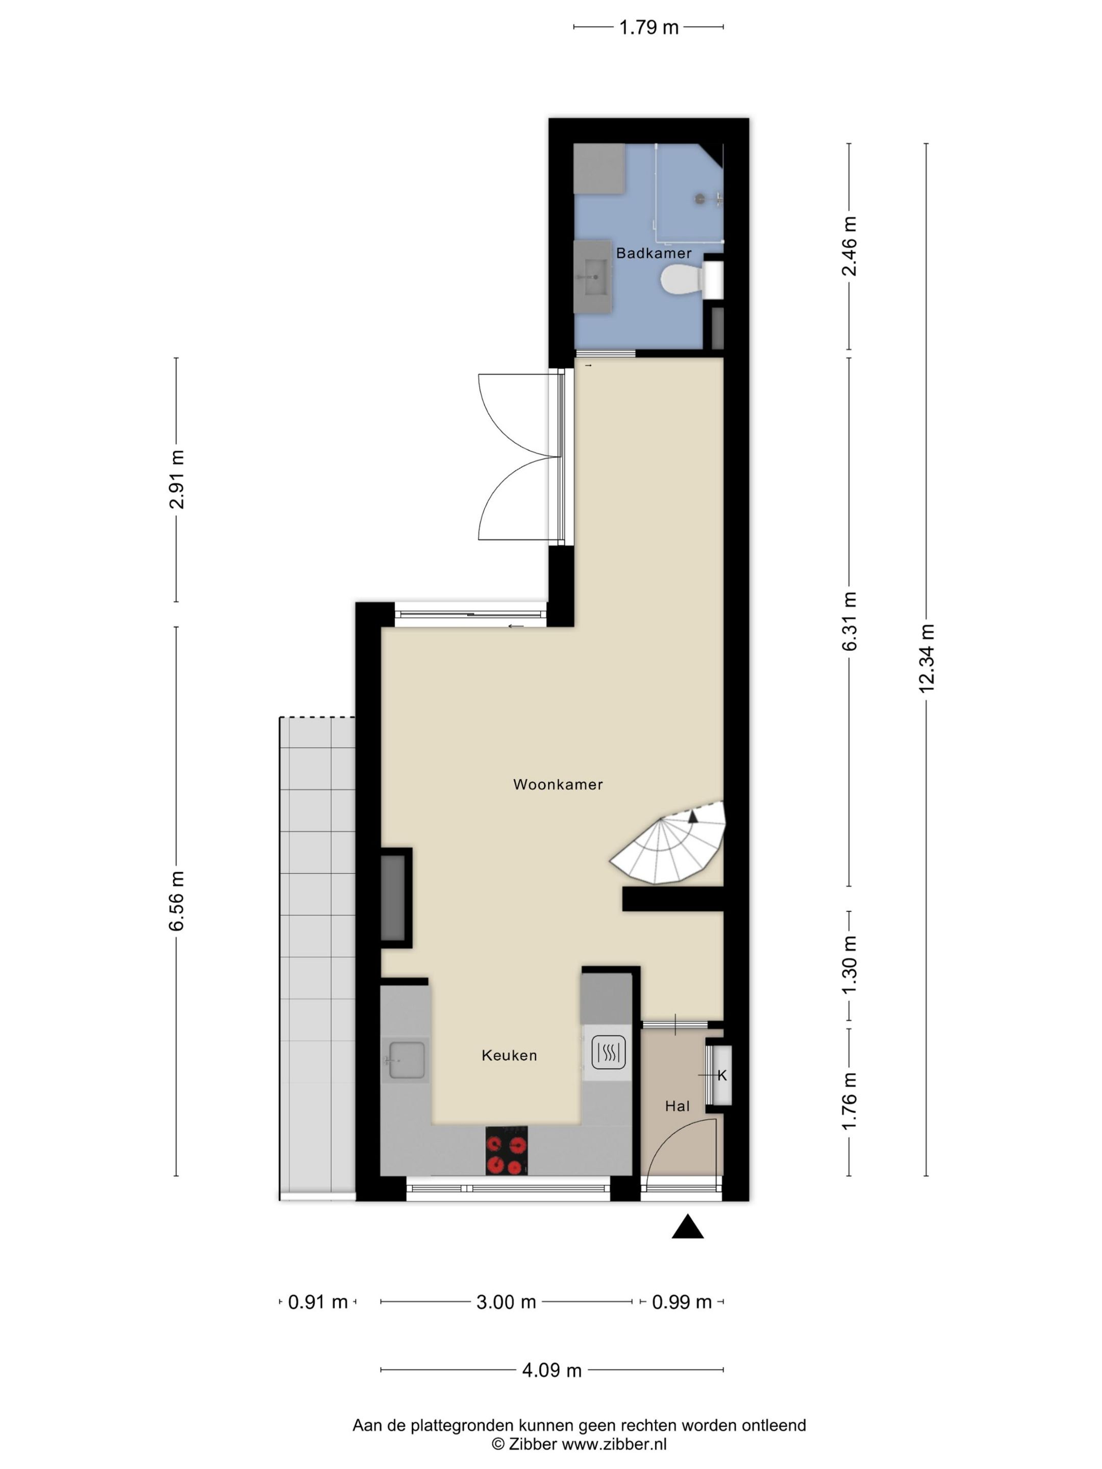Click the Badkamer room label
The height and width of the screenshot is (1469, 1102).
coord(654,253)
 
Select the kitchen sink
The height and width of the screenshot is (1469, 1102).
coord(406,1060)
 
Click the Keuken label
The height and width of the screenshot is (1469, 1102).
coord(509,1055)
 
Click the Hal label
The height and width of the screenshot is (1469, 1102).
coord(677,1106)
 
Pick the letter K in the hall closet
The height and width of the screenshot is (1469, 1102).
coord(722,1075)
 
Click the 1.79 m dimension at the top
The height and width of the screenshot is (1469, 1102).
coord(648,27)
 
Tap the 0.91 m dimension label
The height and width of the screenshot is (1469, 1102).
coord(317,1302)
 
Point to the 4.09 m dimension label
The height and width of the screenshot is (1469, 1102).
coord(552,1370)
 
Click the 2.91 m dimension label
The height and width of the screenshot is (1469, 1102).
coord(177,479)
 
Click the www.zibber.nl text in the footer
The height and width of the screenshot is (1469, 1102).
coord(614,1445)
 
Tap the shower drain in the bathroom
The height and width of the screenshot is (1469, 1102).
coord(699,198)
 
